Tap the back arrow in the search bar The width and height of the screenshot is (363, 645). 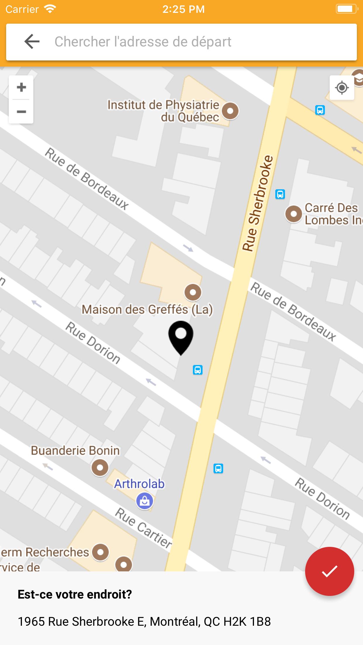click(x=32, y=41)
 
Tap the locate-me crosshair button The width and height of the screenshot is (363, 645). click(x=342, y=88)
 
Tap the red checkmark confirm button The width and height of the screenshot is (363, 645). click(x=329, y=571)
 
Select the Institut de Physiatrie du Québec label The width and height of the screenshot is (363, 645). click(x=163, y=111)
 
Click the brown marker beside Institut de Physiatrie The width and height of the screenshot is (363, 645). click(x=230, y=111)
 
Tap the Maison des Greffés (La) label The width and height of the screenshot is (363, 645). click(x=147, y=310)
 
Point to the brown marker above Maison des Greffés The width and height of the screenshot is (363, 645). click(x=193, y=292)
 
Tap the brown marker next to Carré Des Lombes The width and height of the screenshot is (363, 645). click(x=293, y=214)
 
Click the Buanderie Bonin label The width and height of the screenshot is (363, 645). click(x=75, y=450)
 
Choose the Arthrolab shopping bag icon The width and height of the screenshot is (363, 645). click(x=144, y=501)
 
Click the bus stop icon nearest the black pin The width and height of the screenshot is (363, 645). click(x=198, y=370)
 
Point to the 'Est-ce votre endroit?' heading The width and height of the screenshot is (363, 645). click(x=75, y=594)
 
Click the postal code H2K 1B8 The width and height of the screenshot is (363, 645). click(x=247, y=622)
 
